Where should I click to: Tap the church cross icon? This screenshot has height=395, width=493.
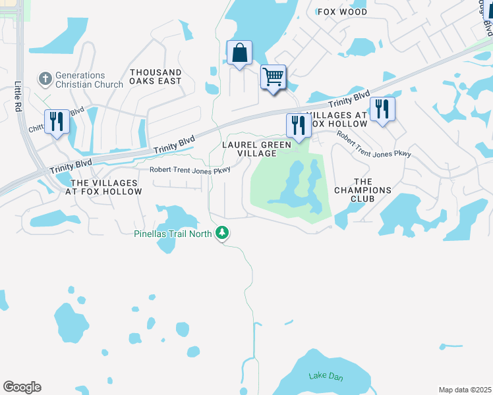coord(45,79)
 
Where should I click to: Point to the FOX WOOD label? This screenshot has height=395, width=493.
coord(342,12)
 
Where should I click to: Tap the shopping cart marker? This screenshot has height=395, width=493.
coord(273,77)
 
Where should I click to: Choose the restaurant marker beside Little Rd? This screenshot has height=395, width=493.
coord(57,121)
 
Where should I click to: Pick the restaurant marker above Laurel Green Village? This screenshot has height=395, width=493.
coord(299,125)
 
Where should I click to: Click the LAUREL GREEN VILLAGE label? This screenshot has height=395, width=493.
coord(256,149)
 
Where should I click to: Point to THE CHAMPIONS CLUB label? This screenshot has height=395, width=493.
coord(363,190)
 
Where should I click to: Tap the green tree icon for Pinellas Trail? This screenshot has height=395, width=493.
coord(223,232)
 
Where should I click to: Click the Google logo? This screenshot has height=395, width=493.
coord(22,387)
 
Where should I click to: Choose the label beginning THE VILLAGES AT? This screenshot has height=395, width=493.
coord(105,187)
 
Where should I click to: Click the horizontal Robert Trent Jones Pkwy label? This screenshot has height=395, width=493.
coord(190,169)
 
